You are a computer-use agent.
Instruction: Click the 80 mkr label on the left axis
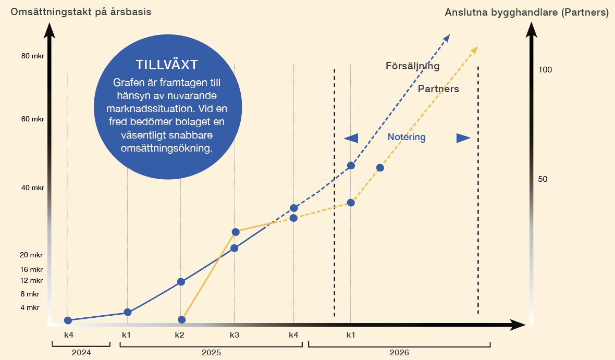(33, 56)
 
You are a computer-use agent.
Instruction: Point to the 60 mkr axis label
(33, 119)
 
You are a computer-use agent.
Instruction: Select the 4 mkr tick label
(30, 307)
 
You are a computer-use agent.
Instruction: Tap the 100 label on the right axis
(545, 70)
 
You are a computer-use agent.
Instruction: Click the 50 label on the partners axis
(543, 179)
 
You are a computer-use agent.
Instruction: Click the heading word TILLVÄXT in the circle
(167, 65)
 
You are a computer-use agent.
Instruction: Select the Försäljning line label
(412, 66)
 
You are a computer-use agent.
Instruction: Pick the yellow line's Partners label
(438, 89)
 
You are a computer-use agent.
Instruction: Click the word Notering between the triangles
(407, 138)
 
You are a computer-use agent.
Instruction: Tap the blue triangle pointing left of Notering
(352, 138)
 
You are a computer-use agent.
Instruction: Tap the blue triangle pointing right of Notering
(463, 138)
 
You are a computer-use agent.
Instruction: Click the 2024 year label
(81, 353)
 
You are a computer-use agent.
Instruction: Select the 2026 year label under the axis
(399, 353)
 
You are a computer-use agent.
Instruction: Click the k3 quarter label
(234, 334)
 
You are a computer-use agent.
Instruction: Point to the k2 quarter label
(179, 334)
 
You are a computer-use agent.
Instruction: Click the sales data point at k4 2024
(68, 320)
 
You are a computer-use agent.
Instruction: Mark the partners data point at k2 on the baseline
(181, 319)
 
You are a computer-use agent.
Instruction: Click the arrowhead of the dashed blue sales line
(447, 38)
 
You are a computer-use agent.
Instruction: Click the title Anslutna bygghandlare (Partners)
(526, 13)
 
